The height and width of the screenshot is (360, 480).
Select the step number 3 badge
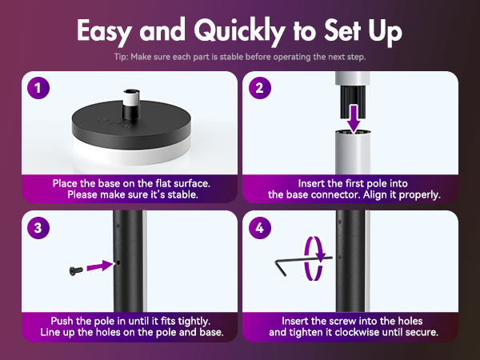(38, 226)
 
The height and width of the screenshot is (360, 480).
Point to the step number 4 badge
(259, 226)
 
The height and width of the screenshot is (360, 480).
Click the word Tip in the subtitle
(122, 57)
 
